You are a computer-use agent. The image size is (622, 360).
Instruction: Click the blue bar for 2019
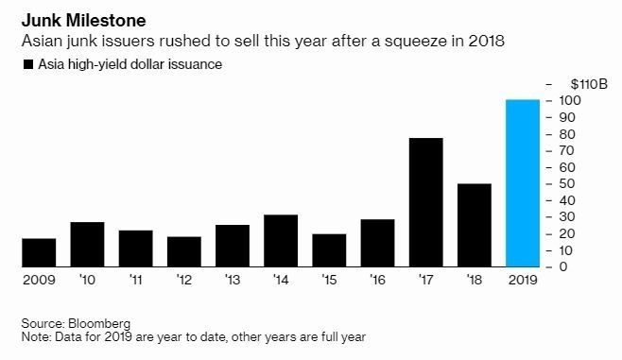point(523,182)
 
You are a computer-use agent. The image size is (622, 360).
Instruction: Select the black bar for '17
point(426,202)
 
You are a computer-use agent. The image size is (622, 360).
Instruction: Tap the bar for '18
point(475,225)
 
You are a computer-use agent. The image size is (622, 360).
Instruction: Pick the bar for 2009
point(39,252)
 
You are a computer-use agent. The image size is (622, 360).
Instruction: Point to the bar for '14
point(281,240)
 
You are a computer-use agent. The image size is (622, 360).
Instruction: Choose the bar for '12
point(184,251)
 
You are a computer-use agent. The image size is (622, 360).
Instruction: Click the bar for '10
point(87,244)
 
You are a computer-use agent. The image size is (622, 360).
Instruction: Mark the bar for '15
point(329,249)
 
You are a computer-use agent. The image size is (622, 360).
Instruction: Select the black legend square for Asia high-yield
point(24,65)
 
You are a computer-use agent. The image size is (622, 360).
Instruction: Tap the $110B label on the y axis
point(579,84)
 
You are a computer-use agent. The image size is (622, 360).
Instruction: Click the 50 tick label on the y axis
point(563,183)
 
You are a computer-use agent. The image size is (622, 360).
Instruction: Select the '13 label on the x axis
point(233,281)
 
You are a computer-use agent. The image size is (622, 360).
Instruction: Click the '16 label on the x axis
point(378,281)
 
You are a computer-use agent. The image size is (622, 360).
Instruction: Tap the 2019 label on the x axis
point(523,281)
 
